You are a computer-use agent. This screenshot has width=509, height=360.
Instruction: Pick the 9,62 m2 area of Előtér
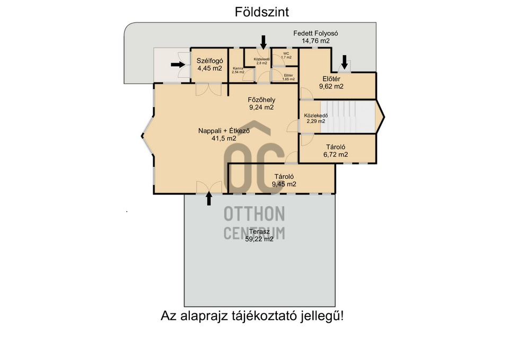coord(331,86)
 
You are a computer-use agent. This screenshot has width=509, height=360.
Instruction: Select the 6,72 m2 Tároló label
coord(335,151)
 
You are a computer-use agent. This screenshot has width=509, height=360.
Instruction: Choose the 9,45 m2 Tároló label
coord(284,180)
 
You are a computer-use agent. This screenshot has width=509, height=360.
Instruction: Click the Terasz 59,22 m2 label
coord(259,235)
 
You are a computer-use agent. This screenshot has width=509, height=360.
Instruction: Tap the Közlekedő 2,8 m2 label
coord(262,61)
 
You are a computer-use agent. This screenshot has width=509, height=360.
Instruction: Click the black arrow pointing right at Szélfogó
coord(178,65)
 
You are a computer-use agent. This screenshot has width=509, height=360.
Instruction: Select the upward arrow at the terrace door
coord(209,198)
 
